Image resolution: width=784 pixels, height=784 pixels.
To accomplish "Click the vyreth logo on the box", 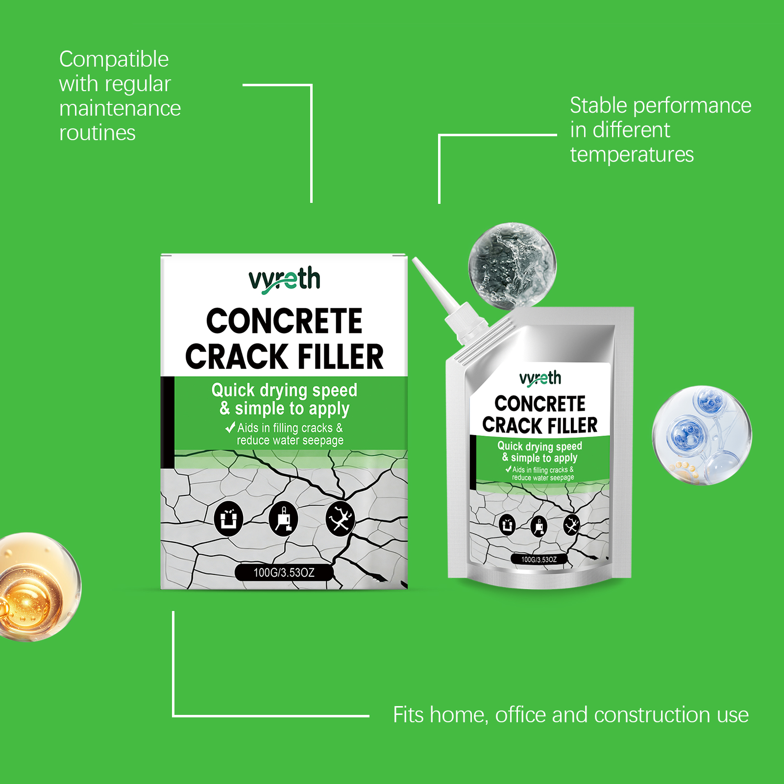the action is (284, 280).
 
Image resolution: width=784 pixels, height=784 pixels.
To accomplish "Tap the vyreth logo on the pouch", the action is (540, 379).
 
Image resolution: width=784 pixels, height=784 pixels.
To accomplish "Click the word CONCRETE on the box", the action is (284, 321).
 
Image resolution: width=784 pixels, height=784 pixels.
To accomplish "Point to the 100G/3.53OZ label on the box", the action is (284, 572).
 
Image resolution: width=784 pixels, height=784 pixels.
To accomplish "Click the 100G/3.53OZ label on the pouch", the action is (539, 559).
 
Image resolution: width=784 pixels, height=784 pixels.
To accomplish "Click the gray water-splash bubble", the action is (512, 266).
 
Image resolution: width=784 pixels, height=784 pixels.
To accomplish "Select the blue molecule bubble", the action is (702, 435).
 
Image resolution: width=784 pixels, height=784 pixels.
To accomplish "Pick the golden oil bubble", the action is (37, 587).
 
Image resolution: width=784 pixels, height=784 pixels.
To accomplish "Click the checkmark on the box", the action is (230, 427).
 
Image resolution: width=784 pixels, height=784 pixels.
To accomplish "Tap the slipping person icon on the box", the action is (340, 518).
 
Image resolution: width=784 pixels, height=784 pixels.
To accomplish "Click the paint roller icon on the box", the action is (284, 518).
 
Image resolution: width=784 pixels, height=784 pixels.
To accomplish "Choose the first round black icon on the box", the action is (229, 518).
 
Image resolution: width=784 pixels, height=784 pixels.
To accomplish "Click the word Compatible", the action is (114, 60).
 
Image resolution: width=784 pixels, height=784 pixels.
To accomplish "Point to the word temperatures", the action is (632, 155).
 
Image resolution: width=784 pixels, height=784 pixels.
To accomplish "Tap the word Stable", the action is (598, 105).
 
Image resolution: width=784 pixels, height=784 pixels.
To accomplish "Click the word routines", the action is (97, 133).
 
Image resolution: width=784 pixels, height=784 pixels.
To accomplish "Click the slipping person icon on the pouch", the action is (571, 524).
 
